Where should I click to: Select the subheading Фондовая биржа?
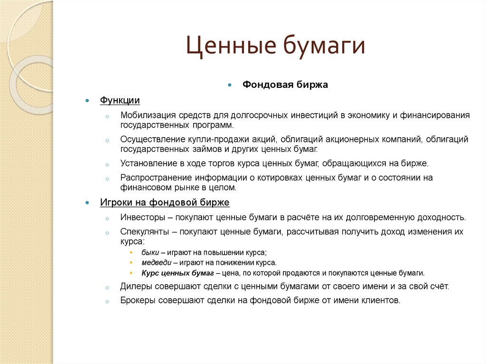tap(285, 85)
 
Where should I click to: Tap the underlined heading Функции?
tap(120, 101)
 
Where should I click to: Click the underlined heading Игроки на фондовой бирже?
tap(165, 203)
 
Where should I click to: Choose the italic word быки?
tap(150, 252)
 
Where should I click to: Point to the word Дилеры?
tap(136, 287)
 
